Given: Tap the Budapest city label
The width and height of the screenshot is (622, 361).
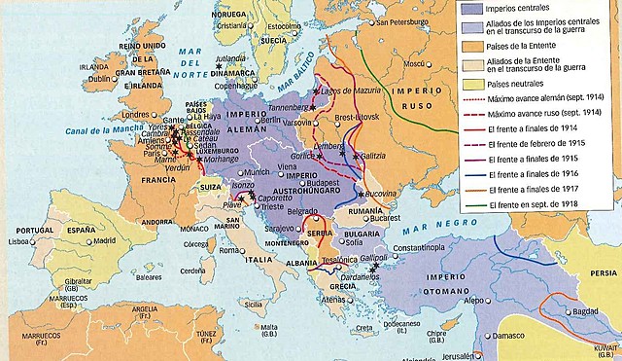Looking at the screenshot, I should pyautogui.click(x=324, y=182).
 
